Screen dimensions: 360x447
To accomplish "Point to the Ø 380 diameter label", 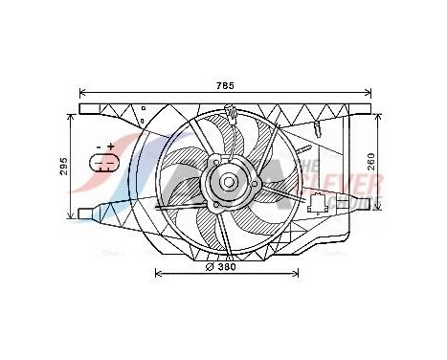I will pos(226,268).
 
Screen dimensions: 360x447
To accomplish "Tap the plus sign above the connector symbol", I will pos(111,146).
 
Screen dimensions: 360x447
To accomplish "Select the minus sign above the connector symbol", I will pos(99,146).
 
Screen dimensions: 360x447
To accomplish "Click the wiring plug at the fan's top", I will pos(233,117).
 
